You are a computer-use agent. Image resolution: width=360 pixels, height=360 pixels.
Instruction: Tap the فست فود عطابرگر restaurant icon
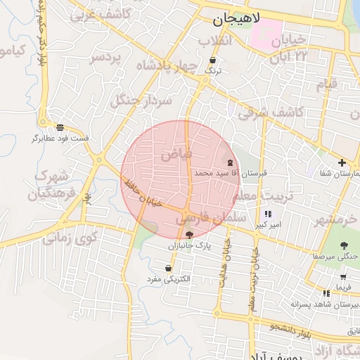tap(61, 127)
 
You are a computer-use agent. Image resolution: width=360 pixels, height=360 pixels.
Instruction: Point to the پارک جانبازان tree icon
tap(189, 235)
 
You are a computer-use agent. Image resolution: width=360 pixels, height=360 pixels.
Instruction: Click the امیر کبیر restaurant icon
tap(268, 214)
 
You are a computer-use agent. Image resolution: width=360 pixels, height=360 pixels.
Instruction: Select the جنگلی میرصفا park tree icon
tap(344, 245)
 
